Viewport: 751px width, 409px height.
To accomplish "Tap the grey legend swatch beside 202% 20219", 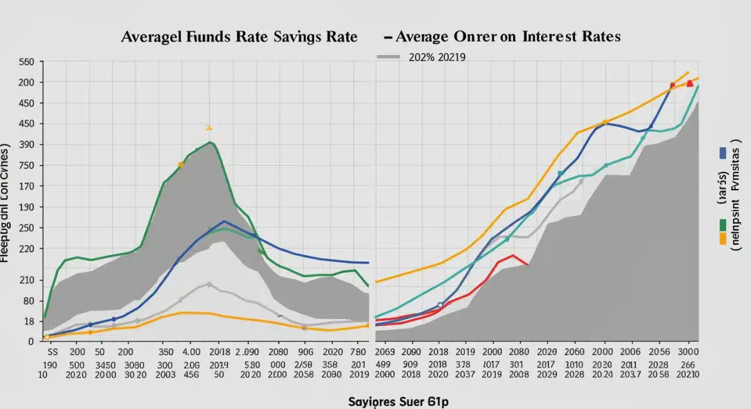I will pos(389,57).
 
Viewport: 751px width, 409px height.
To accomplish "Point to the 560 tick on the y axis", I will pos(26,63).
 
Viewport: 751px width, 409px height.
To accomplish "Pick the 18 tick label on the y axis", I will pos(28,321).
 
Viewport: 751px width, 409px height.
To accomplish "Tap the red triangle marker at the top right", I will pos(690,84).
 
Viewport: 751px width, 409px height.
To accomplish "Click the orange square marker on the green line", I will pos(181,165).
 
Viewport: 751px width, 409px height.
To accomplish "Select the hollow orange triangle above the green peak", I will pos(209,128).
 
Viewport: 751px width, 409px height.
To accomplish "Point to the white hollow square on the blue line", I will pos(441,305).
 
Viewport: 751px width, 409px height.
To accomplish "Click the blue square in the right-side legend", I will pos(723,152).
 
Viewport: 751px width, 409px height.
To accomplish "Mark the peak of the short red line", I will pos(513,255).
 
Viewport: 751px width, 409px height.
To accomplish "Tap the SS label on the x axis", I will pos(53,353).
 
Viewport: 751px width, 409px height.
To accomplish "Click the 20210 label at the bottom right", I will pos(688,375).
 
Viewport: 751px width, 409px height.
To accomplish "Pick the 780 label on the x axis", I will pos(357,353).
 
